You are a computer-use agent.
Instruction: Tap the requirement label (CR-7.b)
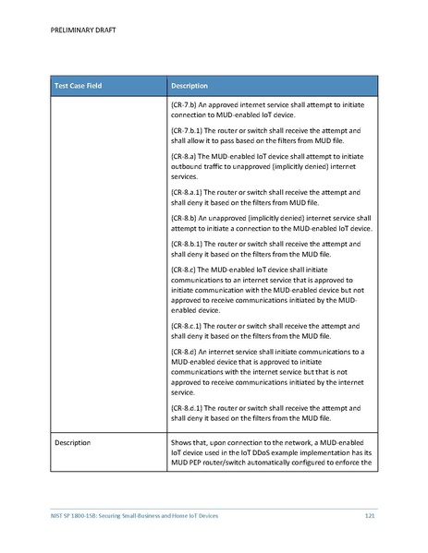click(x=185, y=108)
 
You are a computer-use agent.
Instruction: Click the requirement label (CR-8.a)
click(x=185, y=158)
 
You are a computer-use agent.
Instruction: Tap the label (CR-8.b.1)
click(x=189, y=243)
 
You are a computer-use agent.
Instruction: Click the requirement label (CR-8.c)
click(x=185, y=269)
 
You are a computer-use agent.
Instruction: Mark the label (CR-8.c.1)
click(x=189, y=327)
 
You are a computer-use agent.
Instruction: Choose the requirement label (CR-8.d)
click(x=185, y=352)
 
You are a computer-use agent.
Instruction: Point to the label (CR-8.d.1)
click(x=189, y=407)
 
